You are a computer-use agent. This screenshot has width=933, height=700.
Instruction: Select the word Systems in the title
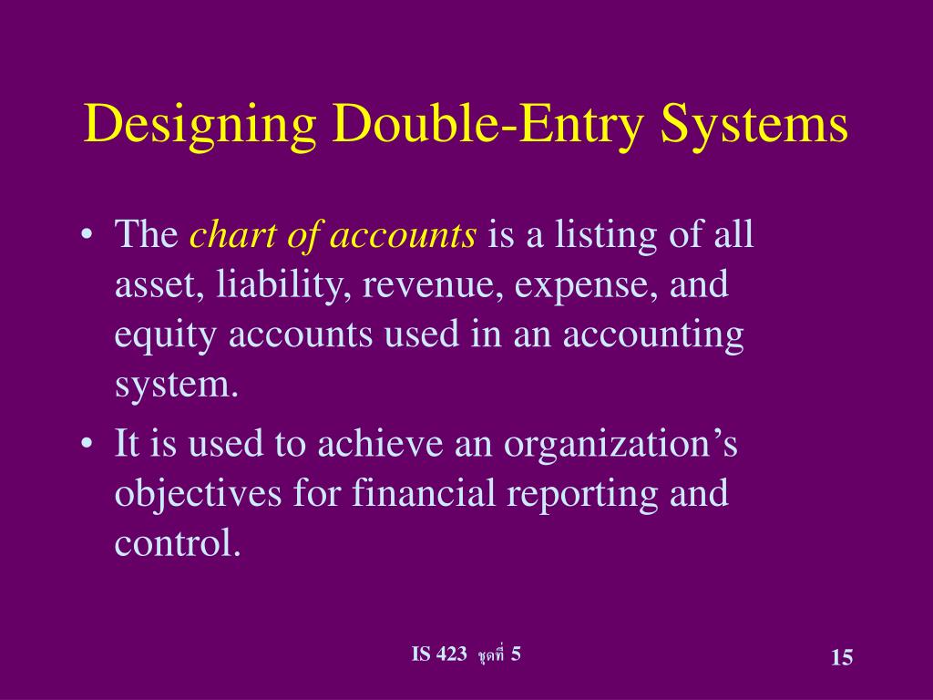(x=756, y=125)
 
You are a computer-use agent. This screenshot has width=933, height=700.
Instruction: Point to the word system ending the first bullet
(x=175, y=386)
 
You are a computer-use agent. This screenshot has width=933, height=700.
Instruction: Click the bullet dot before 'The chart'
(x=87, y=237)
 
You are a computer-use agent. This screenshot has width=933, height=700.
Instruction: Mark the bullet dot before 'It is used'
(x=87, y=446)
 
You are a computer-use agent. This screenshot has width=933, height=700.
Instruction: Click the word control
(x=177, y=543)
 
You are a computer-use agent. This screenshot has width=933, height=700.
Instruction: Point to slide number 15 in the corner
(x=841, y=658)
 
